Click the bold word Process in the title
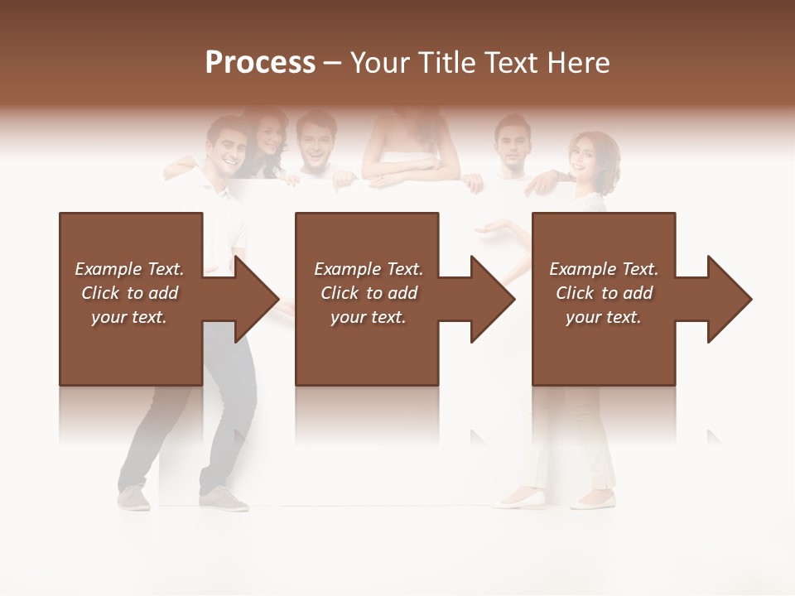[260, 63]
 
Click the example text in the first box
[129, 292]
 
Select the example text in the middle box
[368, 292]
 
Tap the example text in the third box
[604, 292]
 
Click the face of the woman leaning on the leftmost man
[267, 137]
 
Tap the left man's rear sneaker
[134, 498]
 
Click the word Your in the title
[381, 63]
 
